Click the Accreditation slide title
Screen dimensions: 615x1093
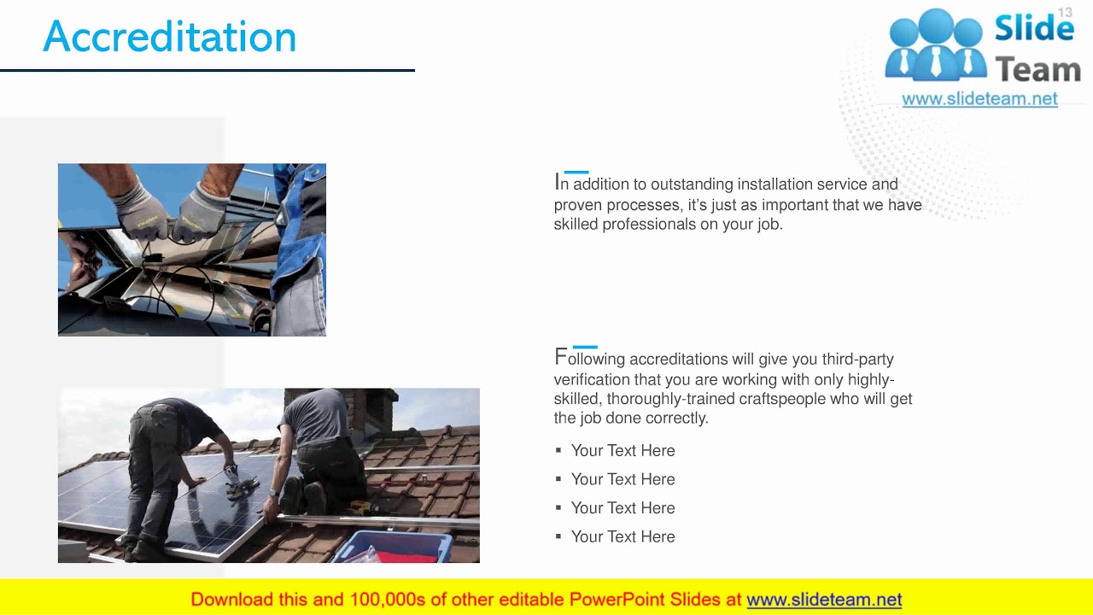[x=169, y=37]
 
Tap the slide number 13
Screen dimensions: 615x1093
[x=1065, y=12]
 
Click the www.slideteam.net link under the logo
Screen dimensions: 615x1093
[x=979, y=99]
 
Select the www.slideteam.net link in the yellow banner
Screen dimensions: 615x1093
[x=824, y=600]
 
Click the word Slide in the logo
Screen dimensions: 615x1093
[x=1034, y=28]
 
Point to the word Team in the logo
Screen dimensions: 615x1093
[x=1037, y=69]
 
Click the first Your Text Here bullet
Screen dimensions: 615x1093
[x=622, y=451]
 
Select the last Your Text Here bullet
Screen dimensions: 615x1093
[x=622, y=537]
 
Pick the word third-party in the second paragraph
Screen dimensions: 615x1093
[x=857, y=360]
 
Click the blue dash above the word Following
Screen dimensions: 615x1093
[x=585, y=348]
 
